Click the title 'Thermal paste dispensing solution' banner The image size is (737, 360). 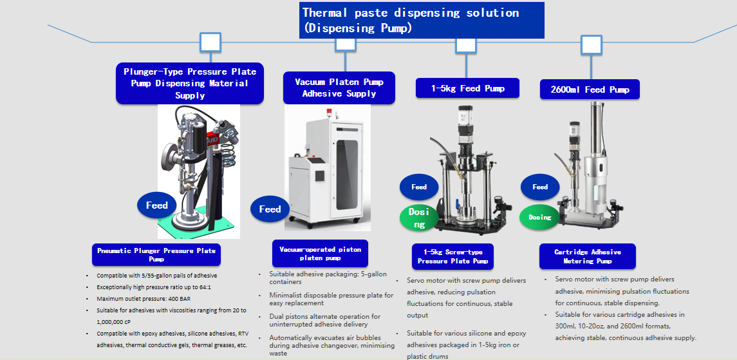tap(422, 21)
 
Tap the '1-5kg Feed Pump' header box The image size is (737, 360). tap(467, 88)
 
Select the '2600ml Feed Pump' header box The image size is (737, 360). tap(590, 90)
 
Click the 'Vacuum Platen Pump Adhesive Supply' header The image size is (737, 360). tap(339, 88)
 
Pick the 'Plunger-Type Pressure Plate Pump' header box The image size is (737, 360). tap(190, 83)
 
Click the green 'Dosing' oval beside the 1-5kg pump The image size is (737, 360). tap(419, 217)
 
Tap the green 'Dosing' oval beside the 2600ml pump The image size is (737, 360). tap(540, 217)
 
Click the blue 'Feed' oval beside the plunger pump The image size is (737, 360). tap(156, 205)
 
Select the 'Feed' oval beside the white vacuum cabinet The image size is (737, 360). tap(270, 209)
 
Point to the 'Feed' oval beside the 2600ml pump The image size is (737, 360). tap(540, 187)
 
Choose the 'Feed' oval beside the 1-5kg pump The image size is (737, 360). tap(419, 187)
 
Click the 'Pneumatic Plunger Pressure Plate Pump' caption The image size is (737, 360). tap(156, 254)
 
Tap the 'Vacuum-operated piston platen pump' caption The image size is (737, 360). tap(320, 253)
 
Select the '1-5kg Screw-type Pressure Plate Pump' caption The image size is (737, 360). tap(454, 256)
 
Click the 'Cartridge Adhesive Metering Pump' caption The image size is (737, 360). tap(587, 256)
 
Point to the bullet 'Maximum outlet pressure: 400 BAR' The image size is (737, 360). tap(144, 299)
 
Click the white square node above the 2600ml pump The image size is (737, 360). tap(591, 44)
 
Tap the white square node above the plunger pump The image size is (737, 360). tap(210, 43)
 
